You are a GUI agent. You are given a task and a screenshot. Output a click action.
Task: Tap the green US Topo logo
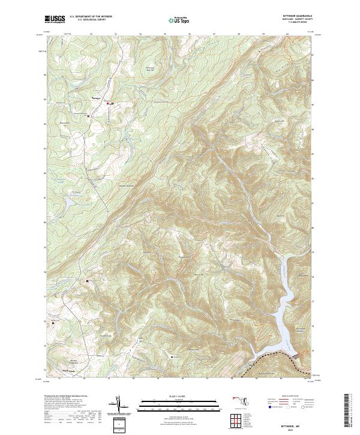point(180,20)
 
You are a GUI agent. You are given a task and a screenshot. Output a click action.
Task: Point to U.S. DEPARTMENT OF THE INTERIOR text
point(91,17)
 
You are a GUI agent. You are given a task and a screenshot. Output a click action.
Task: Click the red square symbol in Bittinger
point(107,103)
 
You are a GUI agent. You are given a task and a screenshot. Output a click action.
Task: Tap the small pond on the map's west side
point(69,204)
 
